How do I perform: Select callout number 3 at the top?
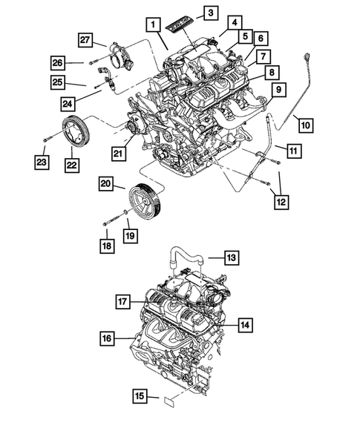[210, 13]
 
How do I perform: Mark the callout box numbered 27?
[85, 40]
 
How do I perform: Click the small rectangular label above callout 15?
[168, 402]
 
